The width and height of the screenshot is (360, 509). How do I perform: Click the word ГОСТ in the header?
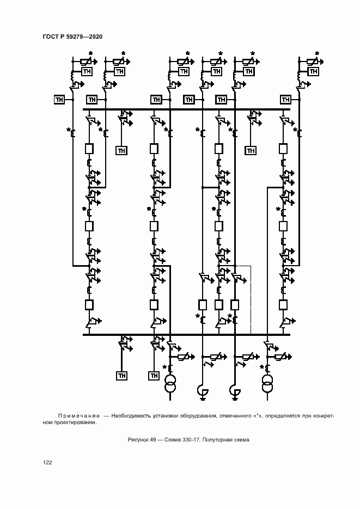50,36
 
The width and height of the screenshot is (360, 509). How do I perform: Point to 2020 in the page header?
95,36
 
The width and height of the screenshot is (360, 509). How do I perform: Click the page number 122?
47,462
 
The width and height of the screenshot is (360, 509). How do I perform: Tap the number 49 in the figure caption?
153,440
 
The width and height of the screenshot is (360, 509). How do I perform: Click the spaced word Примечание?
78,416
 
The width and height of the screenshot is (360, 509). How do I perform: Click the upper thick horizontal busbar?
186,109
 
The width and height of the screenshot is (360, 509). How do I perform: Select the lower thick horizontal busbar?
186,334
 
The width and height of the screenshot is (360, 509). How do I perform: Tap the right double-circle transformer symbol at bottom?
267,383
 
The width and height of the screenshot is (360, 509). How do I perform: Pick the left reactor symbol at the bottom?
203,392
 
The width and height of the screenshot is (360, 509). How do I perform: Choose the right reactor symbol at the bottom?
235,392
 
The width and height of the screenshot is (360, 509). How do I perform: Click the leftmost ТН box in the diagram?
59,99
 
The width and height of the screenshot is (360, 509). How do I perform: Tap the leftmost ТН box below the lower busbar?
122,376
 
